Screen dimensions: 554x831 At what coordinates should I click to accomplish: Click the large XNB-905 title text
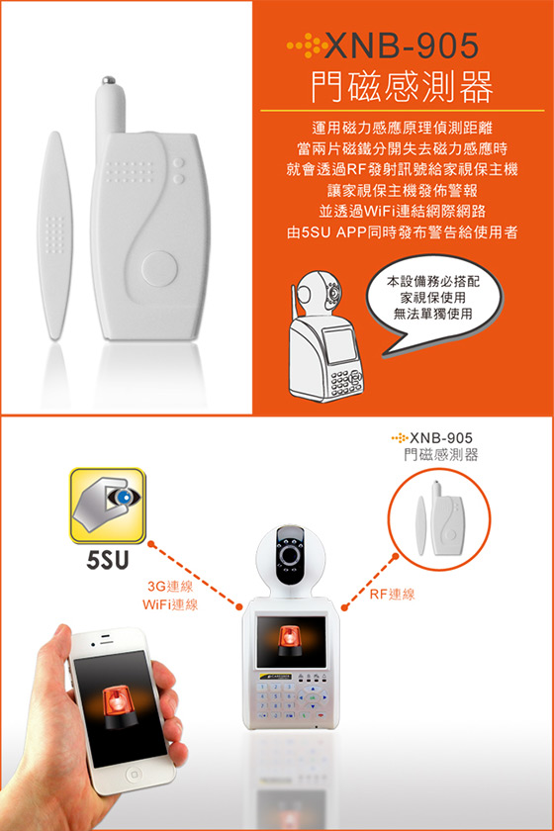click(x=401, y=46)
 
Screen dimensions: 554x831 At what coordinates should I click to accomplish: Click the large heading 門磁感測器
click(x=402, y=86)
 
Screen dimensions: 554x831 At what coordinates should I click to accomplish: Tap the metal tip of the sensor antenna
click(x=109, y=80)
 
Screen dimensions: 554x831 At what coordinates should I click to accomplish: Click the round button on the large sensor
click(x=159, y=268)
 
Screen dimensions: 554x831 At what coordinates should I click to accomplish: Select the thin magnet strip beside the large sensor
click(x=54, y=235)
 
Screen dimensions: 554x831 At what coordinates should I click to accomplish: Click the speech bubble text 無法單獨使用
click(x=432, y=314)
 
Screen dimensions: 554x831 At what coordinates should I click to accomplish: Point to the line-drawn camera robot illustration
click(x=325, y=336)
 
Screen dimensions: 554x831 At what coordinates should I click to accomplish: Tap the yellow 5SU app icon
click(x=108, y=506)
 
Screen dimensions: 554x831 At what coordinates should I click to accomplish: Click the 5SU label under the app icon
click(x=108, y=560)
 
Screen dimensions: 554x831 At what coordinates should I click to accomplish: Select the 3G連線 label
click(x=170, y=586)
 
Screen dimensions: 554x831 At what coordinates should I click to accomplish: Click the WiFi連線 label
click(x=170, y=604)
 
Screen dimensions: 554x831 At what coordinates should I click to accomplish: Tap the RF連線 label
click(x=393, y=595)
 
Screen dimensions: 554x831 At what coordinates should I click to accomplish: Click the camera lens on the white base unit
click(x=290, y=555)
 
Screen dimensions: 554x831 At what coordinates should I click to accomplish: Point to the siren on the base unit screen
click(x=290, y=642)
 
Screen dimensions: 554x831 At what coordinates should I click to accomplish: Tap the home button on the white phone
click(x=134, y=776)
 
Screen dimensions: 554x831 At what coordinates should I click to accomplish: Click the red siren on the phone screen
click(x=119, y=707)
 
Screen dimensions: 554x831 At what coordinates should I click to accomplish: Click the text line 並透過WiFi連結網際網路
click(x=402, y=211)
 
